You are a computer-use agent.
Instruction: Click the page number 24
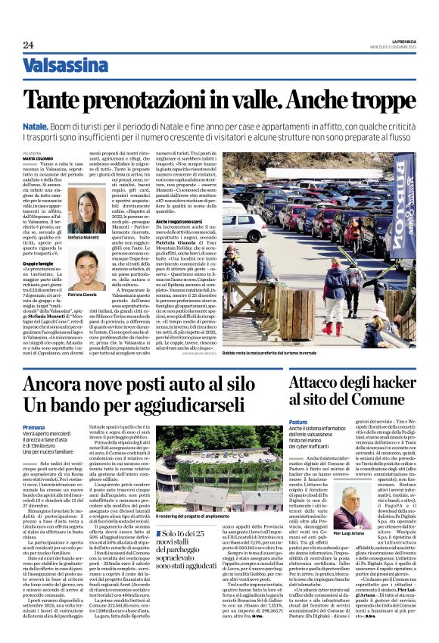pyautogui.click(x=28, y=45)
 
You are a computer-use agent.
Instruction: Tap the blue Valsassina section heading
pyautogui.click(x=65, y=66)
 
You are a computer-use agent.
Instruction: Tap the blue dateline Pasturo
pyautogui.click(x=299, y=421)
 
